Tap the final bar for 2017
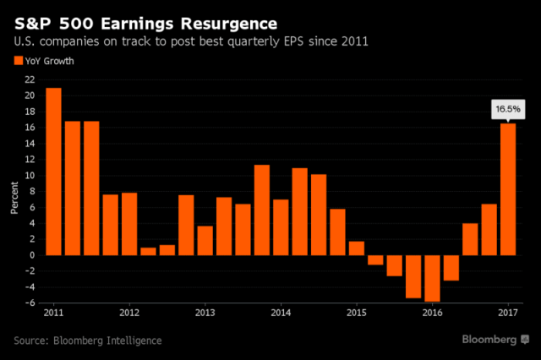(x=508, y=189)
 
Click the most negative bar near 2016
(x=432, y=278)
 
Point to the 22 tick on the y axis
(x=30, y=79)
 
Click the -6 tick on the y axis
(x=30, y=303)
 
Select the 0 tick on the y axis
(x=32, y=255)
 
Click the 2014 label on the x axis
(x=281, y=314)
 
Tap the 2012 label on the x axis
(x=129, y=314)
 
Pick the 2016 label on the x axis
(x=432, y=314)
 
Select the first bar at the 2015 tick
(x=356, y=248)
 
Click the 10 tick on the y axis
(x=30, y=176)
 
